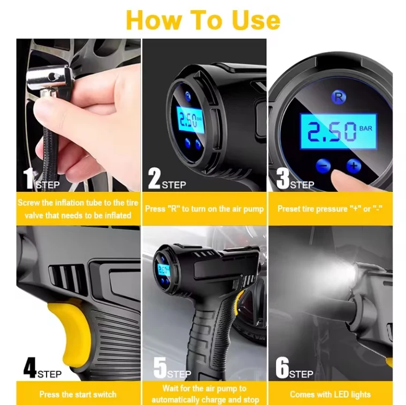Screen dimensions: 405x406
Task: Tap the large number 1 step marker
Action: tap(27, 178)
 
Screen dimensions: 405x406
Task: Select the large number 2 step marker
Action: tap(154, 178)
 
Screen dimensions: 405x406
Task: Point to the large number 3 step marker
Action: tap(282, 178)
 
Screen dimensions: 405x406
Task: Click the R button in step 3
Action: tap(338, 97)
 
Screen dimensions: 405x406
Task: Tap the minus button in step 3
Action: tap(322, 165)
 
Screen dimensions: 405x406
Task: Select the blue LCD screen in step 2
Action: tap(190, 120)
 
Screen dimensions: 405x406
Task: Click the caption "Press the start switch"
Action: tap(78, 394)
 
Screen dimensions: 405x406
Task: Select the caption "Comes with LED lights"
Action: tap(330, 394)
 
